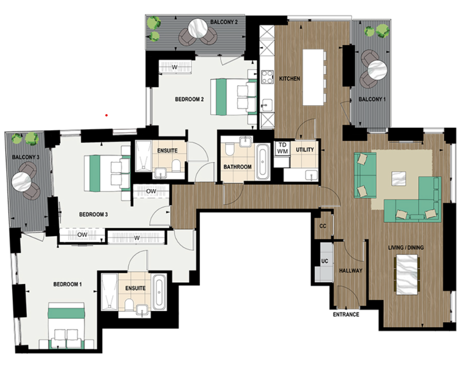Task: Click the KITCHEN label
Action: pos(290,79)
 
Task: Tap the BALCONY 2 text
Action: pos(224,22)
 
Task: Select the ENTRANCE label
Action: pos(346,314)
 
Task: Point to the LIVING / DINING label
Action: pos(406,248)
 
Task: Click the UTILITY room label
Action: pos(305,150)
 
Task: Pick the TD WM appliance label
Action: pos(282,148)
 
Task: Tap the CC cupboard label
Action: pos(323,226)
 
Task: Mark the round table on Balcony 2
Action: pos(200,27)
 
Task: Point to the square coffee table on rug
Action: pos(399,178)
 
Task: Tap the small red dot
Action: pos(106,116)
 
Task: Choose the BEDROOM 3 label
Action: pos(93,215)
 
